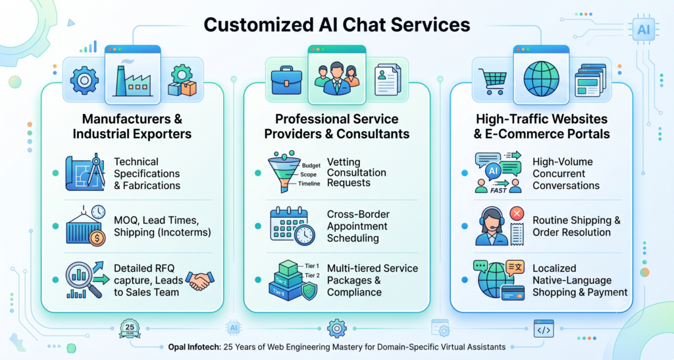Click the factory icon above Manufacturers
point(133,81)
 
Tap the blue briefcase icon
point(286,80)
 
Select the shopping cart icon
point(492,82)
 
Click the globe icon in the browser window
point(541,79)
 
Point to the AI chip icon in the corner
point(644,30)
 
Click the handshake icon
point(200,280)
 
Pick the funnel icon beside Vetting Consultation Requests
point(283,171)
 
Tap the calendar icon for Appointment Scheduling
point(292,226)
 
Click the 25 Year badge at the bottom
point(130,328)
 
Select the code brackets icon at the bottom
point(544,329)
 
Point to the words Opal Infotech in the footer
point(194,347)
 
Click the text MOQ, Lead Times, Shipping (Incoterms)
point(163,226)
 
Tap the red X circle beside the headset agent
point(516,213)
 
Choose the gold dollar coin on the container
point(97,238)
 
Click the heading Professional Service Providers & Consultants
point(336,126)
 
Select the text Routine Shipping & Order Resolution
point(577,226)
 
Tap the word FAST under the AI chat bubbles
point(498,190)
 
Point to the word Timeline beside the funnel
point(309,184)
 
